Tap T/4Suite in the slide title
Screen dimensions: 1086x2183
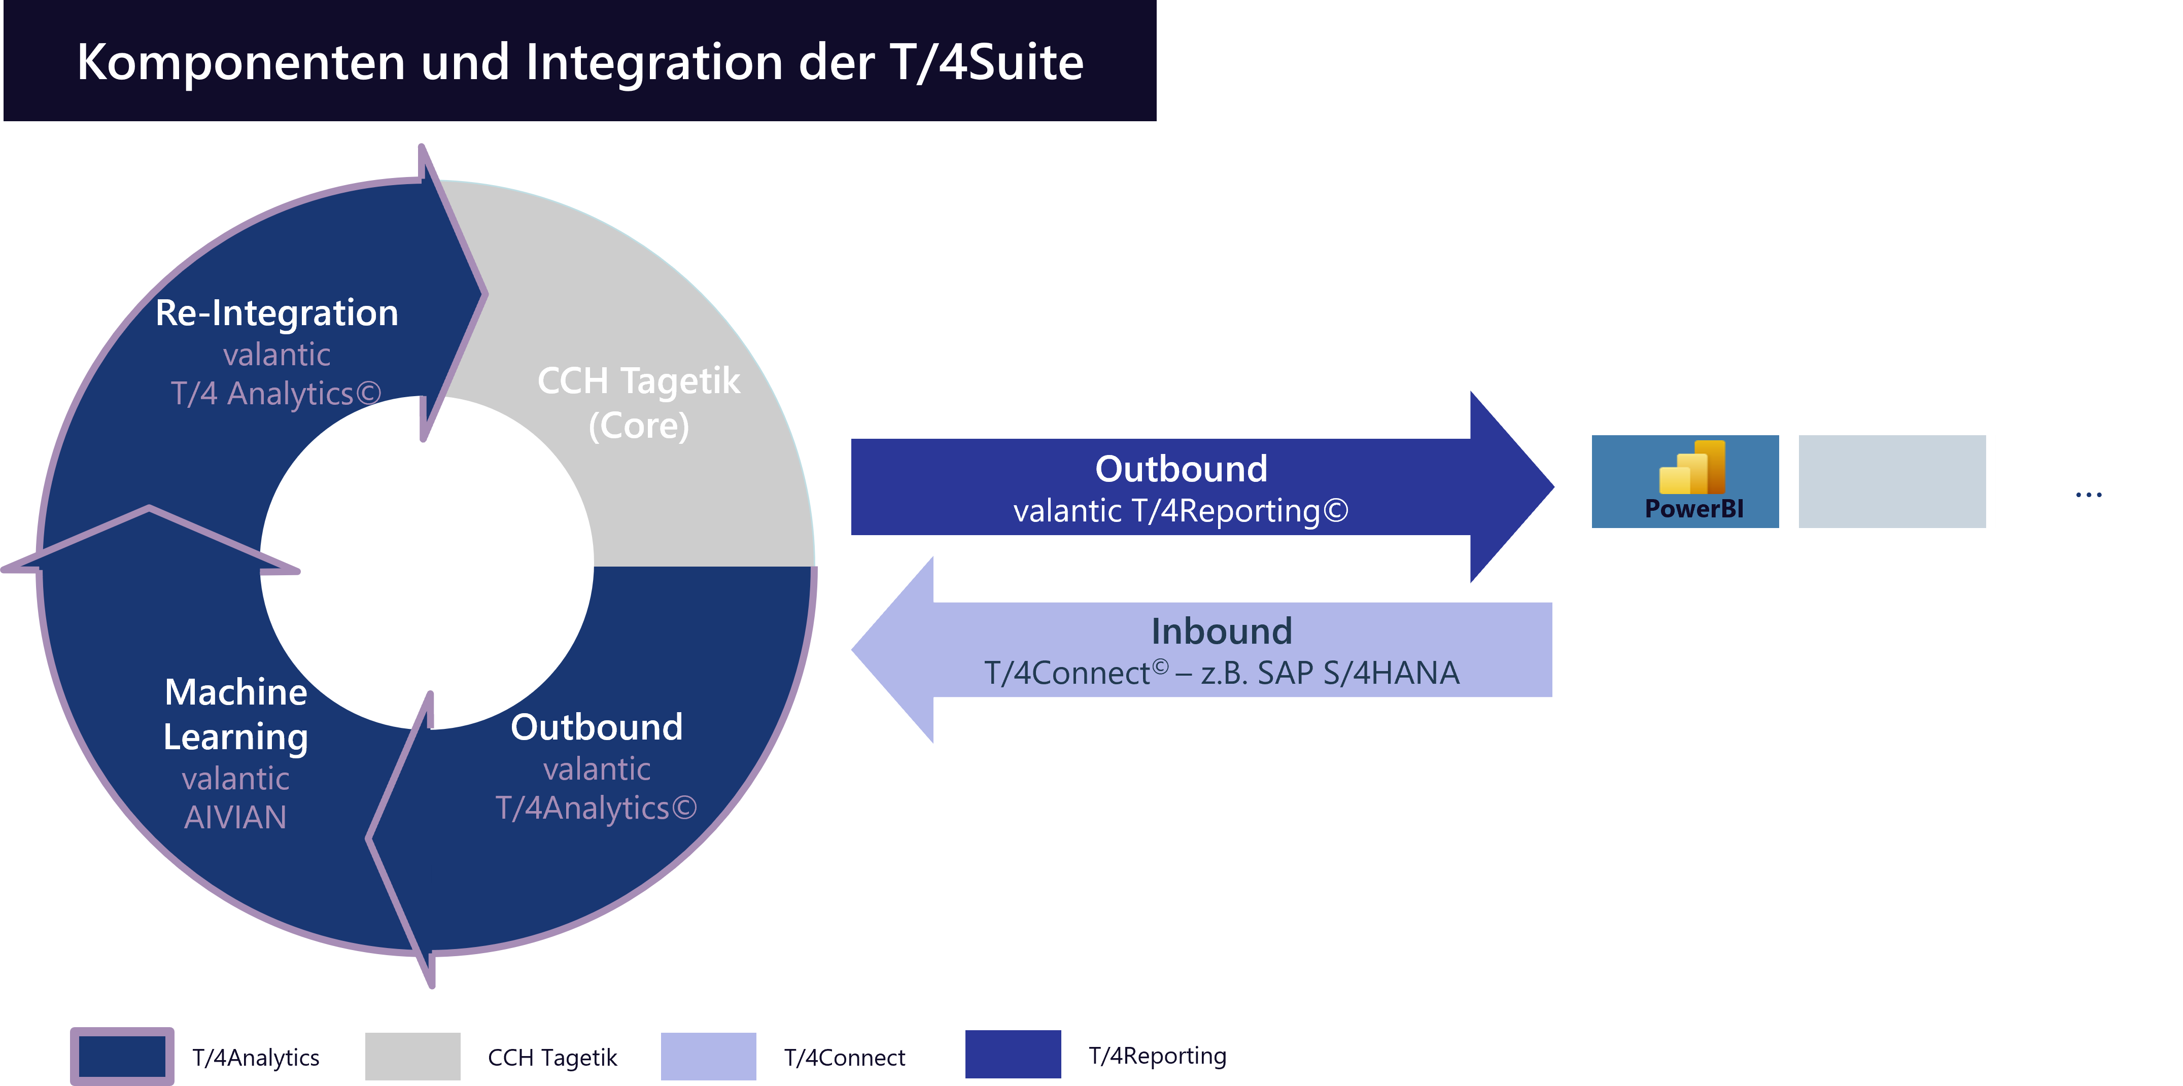(986, 63)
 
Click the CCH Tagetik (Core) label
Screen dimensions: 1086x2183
(638, 402)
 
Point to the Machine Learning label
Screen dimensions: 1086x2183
(235, 714)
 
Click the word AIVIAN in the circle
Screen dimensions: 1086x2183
(235, 818)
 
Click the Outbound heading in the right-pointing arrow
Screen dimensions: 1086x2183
(1181, 469)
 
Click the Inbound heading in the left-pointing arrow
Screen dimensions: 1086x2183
(1221, 631)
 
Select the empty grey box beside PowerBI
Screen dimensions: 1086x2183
(1891, 481)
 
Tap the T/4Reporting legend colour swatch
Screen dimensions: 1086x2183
(1013, 1055)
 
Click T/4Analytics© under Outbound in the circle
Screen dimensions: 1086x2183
(596, 808)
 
